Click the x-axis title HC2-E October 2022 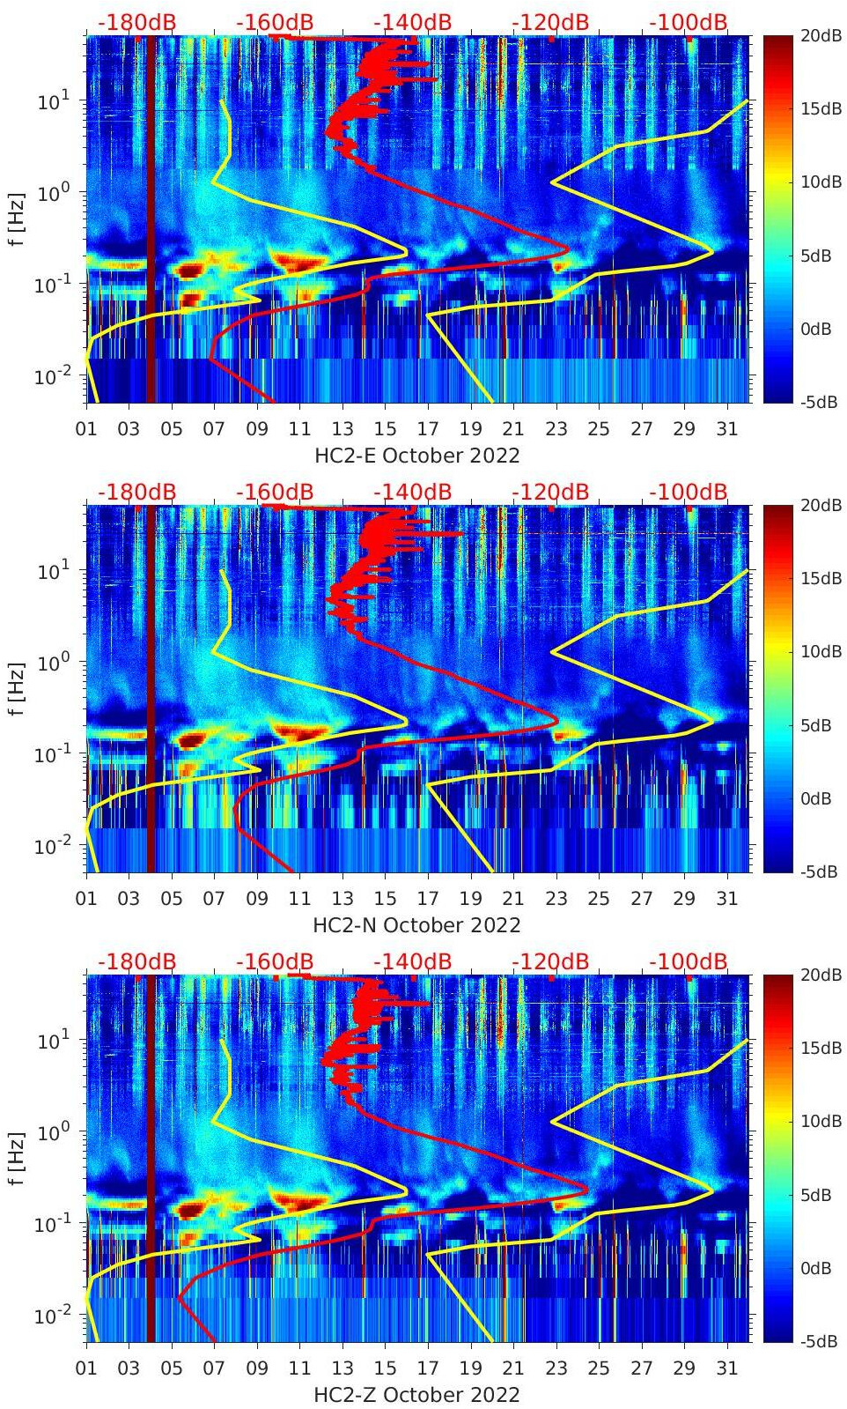416,456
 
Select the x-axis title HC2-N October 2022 416,925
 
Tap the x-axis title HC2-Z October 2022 416,1395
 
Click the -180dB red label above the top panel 136,23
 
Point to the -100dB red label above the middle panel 689,493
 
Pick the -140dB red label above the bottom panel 412,962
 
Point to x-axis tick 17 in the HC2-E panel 428,429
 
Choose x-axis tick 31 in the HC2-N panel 726,899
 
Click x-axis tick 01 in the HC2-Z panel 86,1368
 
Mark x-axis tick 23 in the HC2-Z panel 556,1368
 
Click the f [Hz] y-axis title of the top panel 17,219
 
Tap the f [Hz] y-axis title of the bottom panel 17,1158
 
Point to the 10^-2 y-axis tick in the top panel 54,376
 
